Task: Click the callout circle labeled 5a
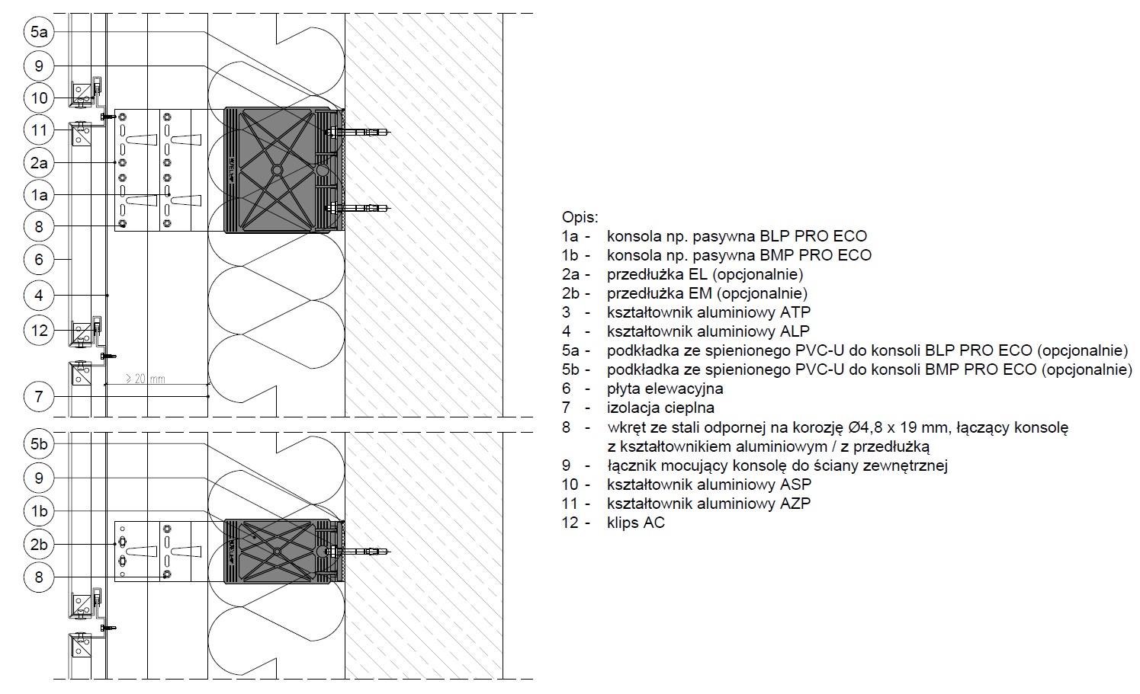[x=39, y=32]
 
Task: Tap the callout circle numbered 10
[x=39, y=98]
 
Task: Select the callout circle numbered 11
[x=39, y=130]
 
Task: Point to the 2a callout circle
[x=39, y=163]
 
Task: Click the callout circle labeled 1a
[x=39, y=195]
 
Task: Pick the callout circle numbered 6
[x=39, y=259]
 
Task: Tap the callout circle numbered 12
[x=39, y=331]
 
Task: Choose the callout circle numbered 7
[x=39, y=397]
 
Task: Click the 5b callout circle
[x=39, y=444]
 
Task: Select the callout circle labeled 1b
[x=39, y=511]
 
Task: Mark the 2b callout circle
[x=39, y=545]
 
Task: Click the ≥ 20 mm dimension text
[x=145, y=379]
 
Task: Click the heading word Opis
[x=580, y=218]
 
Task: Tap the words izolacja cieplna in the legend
[x=660, y=408]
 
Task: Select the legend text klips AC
[x=636, y=523]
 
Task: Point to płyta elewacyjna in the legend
[x=665, y=389]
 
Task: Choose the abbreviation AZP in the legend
[x=795, y=504]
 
